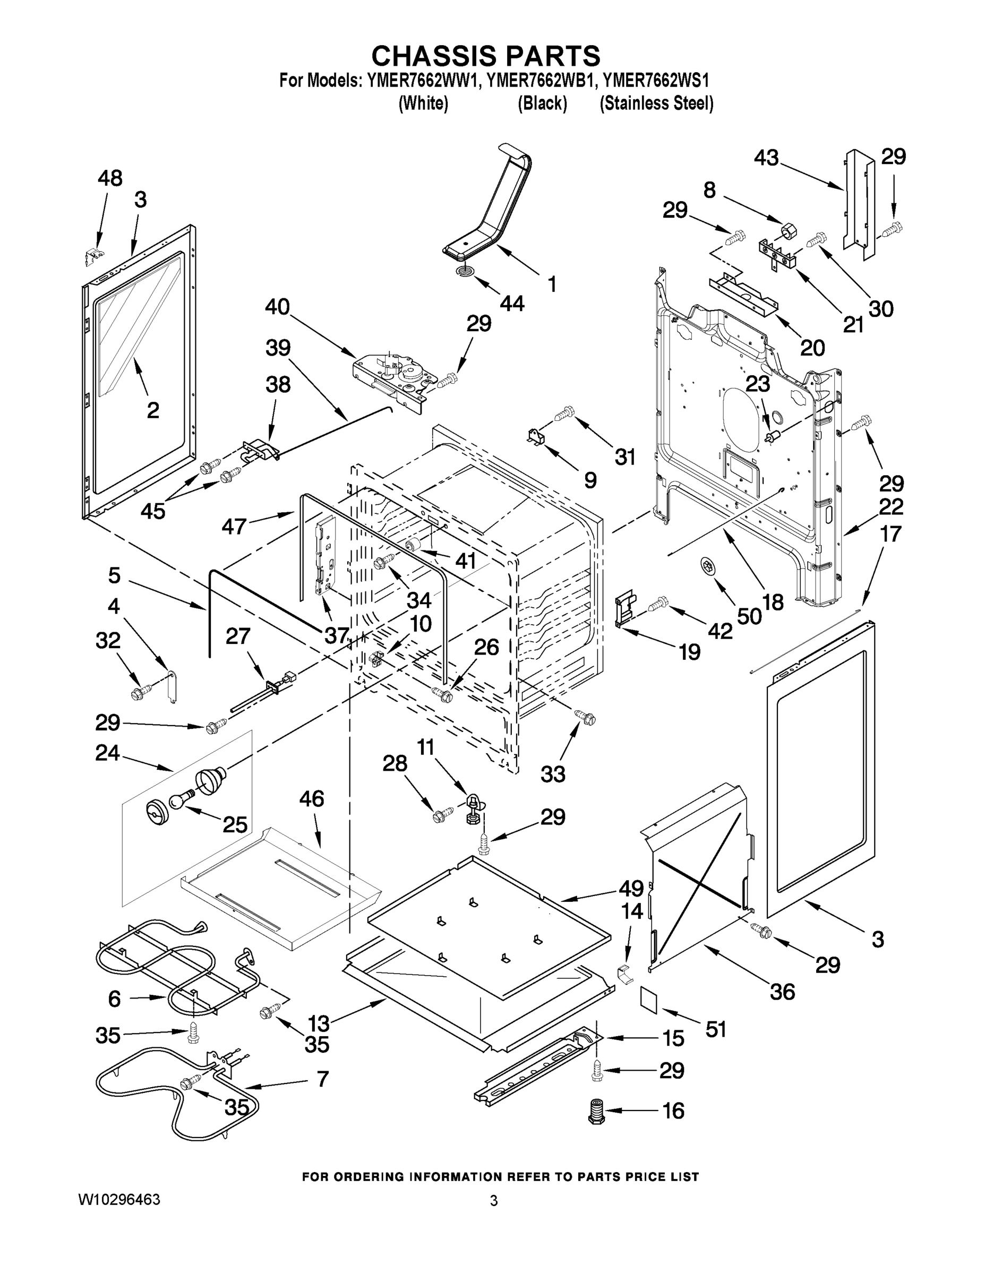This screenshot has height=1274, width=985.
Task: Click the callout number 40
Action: [277, 307]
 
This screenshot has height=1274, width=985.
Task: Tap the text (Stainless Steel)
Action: [656, 104]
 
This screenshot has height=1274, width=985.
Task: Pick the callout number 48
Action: [110, 178]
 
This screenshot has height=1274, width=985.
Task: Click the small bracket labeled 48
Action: [93, 255]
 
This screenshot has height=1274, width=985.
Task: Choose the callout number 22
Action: [891, 506]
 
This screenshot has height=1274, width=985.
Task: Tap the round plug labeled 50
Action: [708, 565]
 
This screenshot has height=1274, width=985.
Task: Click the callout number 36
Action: [782, 991]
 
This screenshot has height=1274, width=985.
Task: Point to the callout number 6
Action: [114, 998]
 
